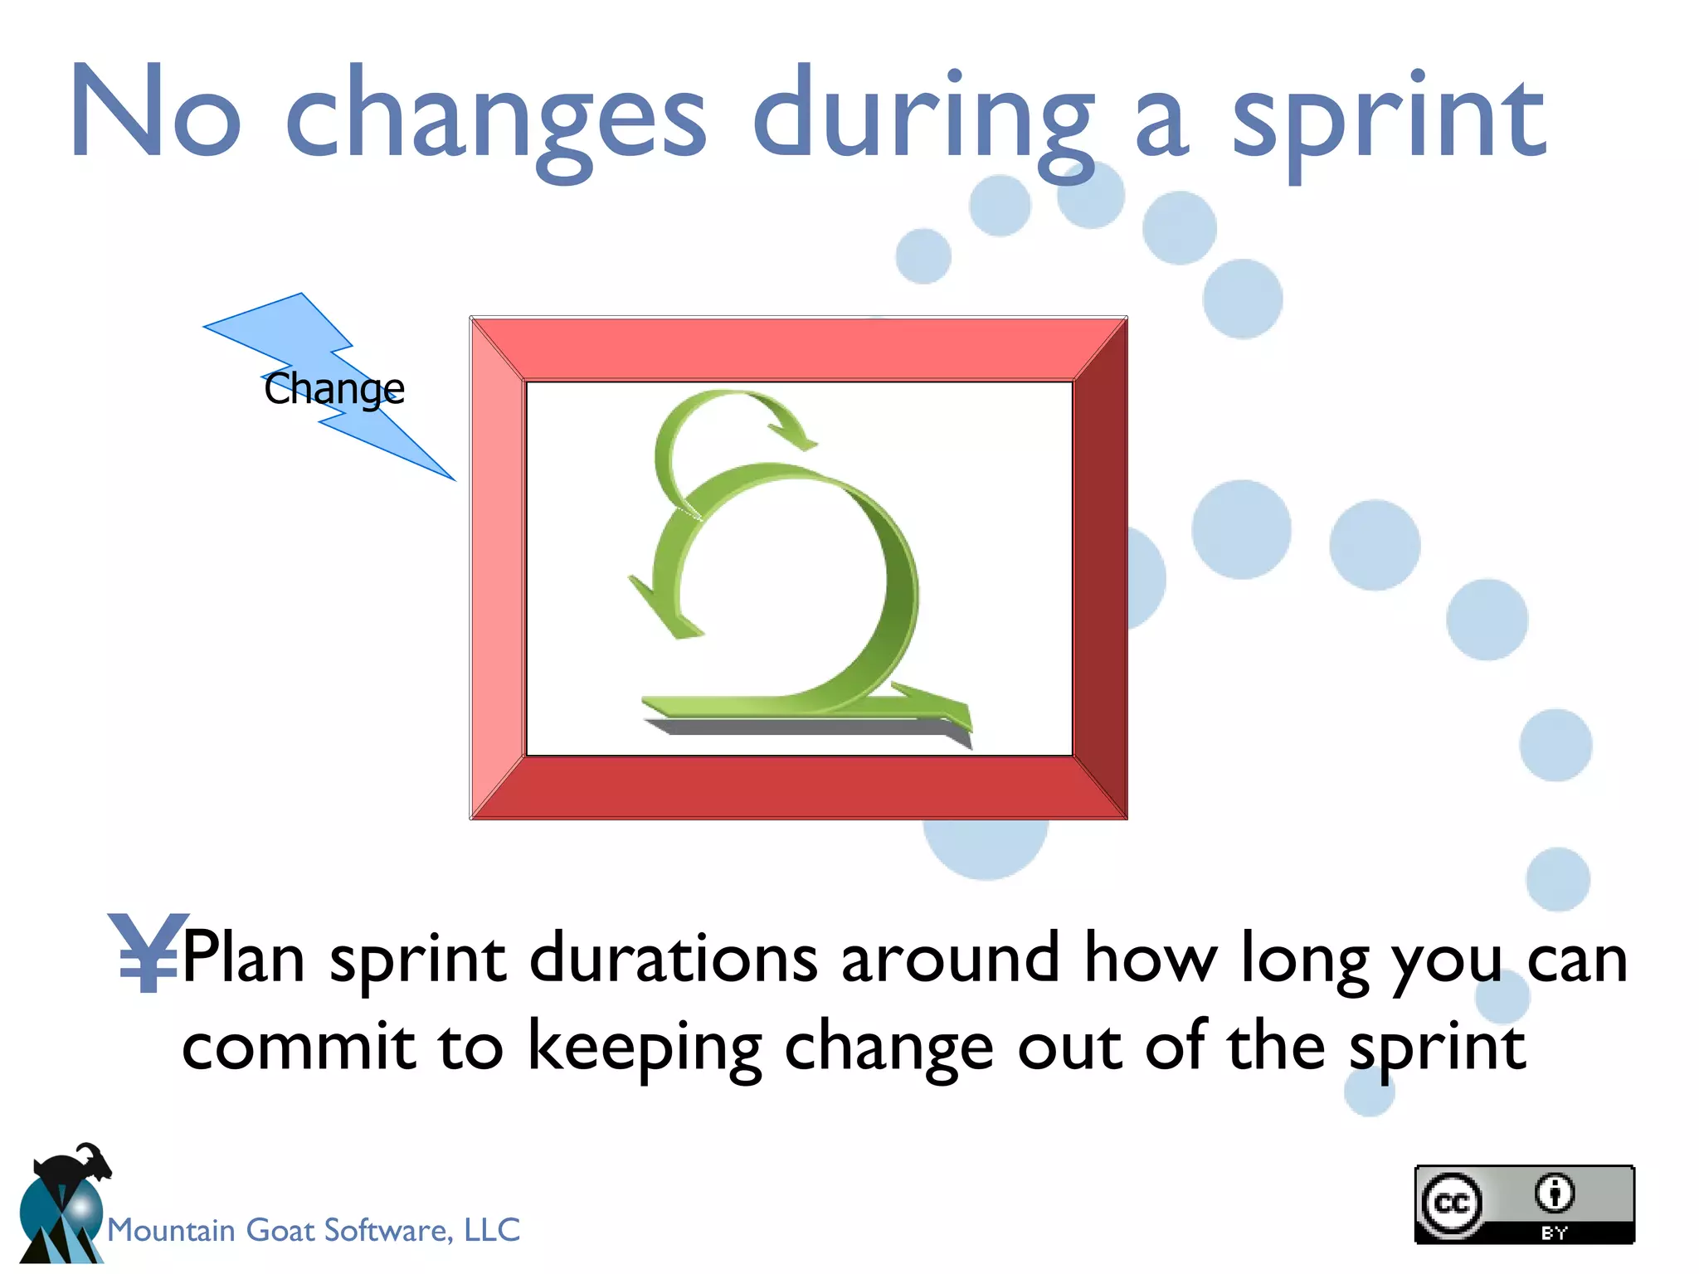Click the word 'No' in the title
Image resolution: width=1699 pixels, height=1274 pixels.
(156, 112)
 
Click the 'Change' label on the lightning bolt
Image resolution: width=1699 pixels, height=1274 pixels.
(333, 388)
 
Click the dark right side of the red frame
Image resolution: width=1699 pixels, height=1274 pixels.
(1100, 568)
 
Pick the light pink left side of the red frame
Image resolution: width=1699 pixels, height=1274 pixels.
(497, 568)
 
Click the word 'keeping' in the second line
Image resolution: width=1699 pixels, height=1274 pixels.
(645, 1047)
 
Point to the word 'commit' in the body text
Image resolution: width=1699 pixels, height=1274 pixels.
(298, 1047)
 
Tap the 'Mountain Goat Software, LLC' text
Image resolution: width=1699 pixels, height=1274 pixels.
(314, 1229)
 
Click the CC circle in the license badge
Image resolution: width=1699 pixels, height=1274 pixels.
(1452, 1203)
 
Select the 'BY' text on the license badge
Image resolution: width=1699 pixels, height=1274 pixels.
(1554, 1233)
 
